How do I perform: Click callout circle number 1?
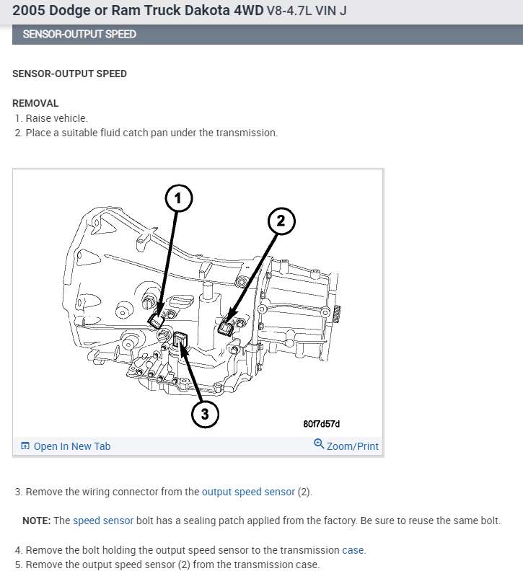coord(180,197)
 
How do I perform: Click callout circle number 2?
coord(282,222)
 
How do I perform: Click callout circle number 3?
coord(205,413)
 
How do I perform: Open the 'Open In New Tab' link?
coord(72,446)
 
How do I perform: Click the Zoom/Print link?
coord(352,446)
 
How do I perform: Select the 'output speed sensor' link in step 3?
coord(248,492)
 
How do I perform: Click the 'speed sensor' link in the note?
coord(103,521)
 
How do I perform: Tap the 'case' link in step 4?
coord(353,550)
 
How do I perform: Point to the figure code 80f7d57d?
coord(322,423)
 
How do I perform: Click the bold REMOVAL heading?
coord(35,103)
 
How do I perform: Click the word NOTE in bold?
coord(35,521)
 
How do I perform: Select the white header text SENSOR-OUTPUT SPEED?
coord(79,34)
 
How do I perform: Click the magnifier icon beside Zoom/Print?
coord(319,445)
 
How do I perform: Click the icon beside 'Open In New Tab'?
coord(25,446)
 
